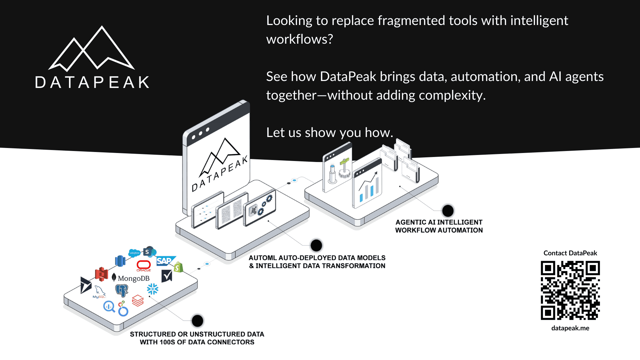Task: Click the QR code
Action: [570, 290]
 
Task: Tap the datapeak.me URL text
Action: [570, 328]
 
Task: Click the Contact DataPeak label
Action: [570, 253]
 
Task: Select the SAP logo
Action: [164, 261]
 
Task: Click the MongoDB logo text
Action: [133, 278]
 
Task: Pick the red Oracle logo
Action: [144, 265]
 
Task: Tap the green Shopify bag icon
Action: [178, 267]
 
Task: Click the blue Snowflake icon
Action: [153, 289]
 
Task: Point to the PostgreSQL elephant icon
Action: [122, 290]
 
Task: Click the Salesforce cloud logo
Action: [134, 253]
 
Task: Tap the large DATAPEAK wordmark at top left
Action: [92, 82]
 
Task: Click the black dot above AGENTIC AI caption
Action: [448, 211]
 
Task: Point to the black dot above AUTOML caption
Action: [316, 245]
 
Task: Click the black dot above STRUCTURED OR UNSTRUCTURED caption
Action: [197, 321]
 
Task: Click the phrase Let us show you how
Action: [329, 133]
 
